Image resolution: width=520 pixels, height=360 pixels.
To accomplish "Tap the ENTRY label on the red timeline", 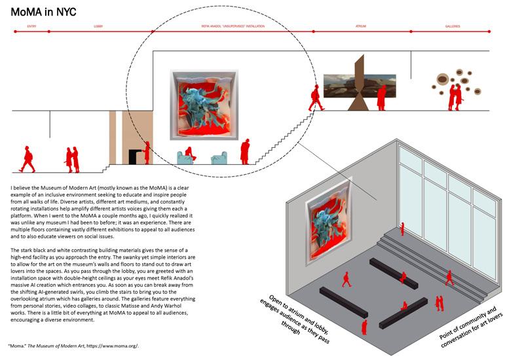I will pyautogui.click(x=31, y=27).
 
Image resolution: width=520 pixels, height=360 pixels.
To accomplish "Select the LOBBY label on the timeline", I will pyautogui.click(x=98, y=27).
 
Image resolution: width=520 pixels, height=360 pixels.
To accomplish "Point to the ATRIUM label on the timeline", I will pyautogui.click(x=361, y=27).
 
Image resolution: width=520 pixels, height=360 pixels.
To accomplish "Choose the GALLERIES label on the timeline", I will pyautogui.click(x=453, y=27).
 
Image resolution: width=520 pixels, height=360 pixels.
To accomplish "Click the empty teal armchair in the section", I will pyautogui.click(x=218, y=158).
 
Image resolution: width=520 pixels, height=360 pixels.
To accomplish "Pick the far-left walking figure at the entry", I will pyautogui.click(x=27, y=159).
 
